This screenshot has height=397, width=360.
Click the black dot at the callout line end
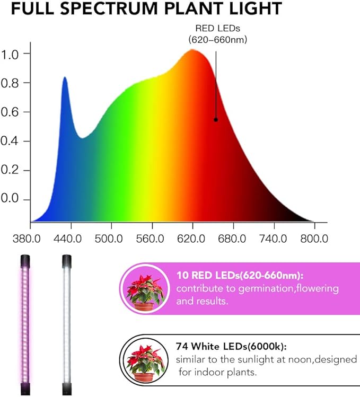216,120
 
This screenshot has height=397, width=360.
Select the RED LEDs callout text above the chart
217,34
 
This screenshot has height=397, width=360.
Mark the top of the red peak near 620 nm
192,51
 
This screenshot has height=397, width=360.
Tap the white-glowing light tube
66,323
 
